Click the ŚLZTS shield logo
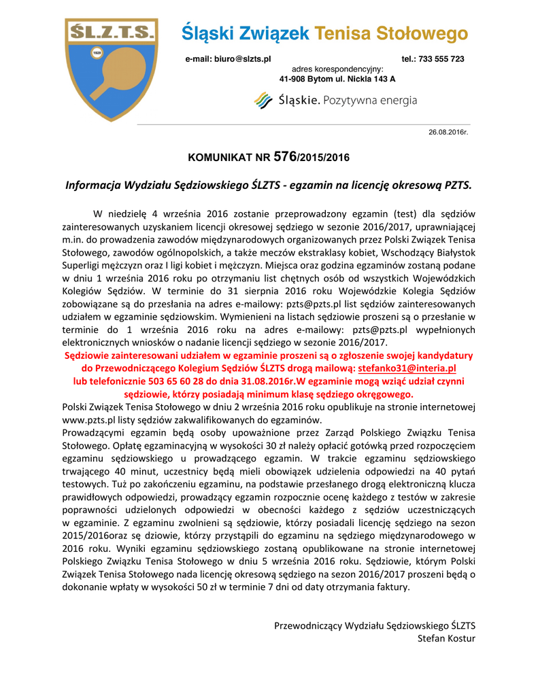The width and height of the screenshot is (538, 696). coord(111,68)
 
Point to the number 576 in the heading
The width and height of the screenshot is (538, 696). coord(284,157)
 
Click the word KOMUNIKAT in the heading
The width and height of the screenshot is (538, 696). coord(220,158)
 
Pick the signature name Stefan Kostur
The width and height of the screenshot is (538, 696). coord(446,638)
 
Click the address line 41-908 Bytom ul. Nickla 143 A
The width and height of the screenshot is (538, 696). coord(337,79)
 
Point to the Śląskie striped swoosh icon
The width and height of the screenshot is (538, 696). coord(263,101)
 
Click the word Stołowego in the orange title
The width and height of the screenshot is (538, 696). coord(425,33)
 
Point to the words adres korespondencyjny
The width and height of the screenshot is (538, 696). coord(337,69)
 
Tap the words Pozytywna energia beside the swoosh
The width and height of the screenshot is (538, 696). coord(371,101)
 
